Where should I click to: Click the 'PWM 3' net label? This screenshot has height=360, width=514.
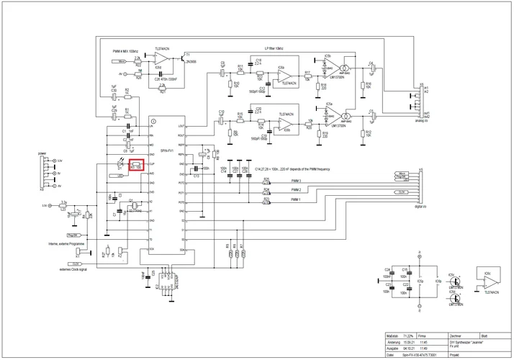[296, 181]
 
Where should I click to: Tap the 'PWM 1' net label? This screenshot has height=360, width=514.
[296, 199]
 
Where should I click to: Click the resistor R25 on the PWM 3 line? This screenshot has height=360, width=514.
[266, 183]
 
